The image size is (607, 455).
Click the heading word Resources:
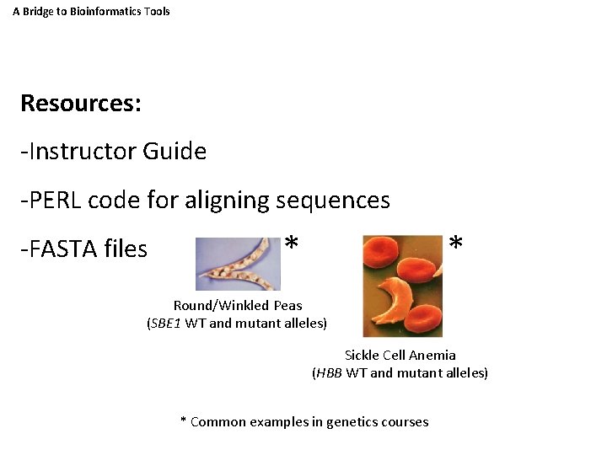pyautogui.click(x=81, y=104)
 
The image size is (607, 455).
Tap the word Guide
pyautogui.click(x=175, y=152)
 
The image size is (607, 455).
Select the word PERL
pyautogui.click(x=54, y=201)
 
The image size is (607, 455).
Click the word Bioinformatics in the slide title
pyautogui.click(x=89, y=11)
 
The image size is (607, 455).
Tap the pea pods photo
pyautogui.click(x=238, y=264)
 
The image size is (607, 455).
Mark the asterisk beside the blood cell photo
pyautogui.click(x=455, y=244)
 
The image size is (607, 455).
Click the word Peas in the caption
pyautogui.click(x=287, y=305)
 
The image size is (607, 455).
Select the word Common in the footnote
pyautogui.click(x=218, y=421)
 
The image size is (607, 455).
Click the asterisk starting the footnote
pyautogui.click(x=184, y=420)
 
